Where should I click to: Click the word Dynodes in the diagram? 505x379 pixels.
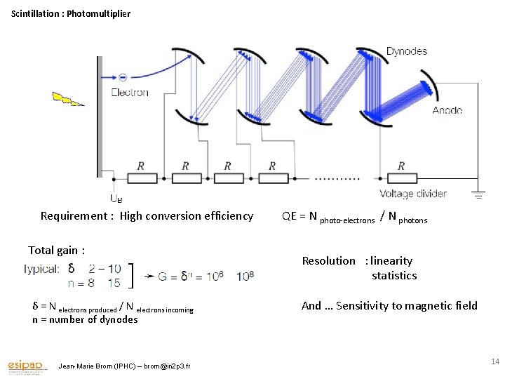406,51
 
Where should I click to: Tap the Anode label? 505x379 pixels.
447,111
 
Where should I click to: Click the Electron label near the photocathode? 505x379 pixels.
130,93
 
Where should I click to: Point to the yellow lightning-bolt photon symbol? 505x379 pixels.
67,98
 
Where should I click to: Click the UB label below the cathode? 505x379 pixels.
116,199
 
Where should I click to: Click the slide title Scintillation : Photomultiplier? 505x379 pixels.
71,13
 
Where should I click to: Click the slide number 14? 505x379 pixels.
494,361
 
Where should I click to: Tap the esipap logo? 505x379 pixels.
27,366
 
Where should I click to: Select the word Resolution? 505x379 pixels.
328,260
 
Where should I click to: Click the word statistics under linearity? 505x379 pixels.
394,276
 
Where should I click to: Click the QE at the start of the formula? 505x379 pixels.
290,216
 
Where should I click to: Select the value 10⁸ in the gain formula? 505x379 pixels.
245,276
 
